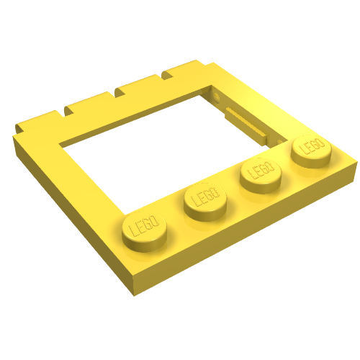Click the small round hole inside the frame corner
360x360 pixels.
216,94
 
